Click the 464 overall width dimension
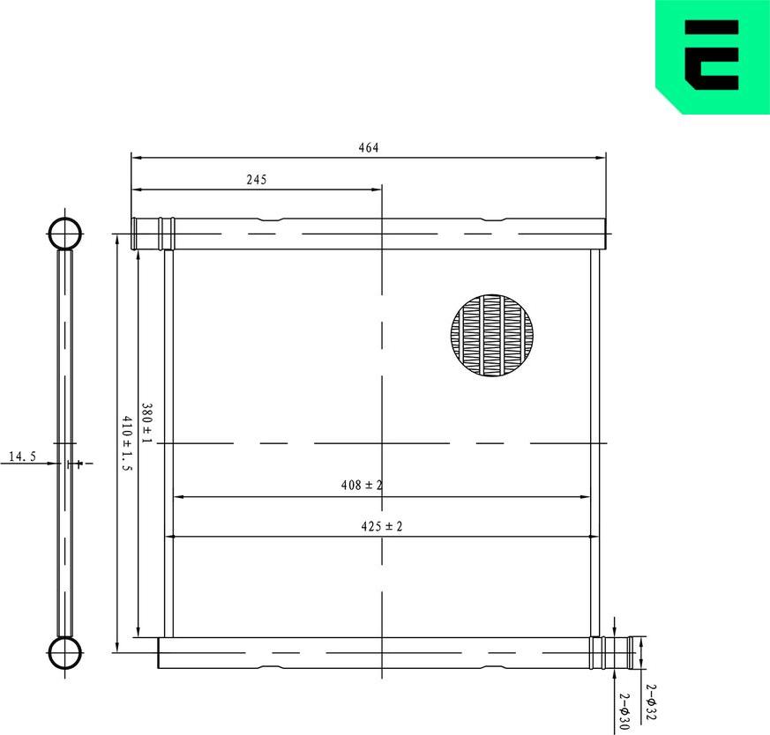[x=368, y=148]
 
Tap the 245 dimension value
[x=256, y=179]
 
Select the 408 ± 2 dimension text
[x=362, y=485]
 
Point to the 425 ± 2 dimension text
[x=381, y=526]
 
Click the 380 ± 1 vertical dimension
[x=147, y=424]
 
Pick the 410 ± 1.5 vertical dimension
[x=126, y=443]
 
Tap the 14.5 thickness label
[x=22, y=457]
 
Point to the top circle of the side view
[x=64, y=234]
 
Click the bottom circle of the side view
[x=64, y=653]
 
